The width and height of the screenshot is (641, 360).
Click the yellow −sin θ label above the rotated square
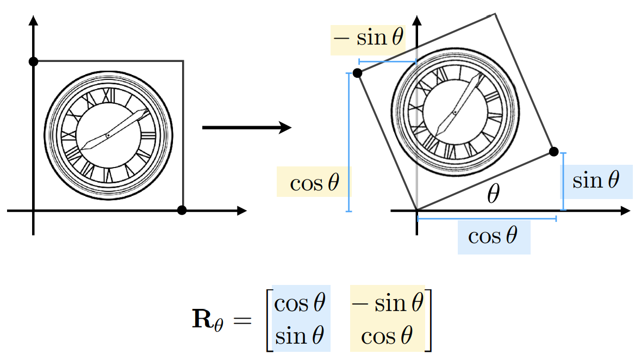click(368, 39)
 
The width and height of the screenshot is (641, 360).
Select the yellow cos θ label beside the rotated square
click(314, 183)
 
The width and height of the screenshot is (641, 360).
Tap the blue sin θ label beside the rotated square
click(596, 181)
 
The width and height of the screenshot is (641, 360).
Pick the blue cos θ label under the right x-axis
click(493, 237)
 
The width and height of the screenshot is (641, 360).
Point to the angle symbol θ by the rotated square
click(493, 194)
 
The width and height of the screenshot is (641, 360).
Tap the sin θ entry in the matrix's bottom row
click(300, 336)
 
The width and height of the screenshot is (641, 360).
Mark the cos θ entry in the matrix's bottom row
click(387, 336)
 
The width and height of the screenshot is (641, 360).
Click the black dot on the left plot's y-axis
click(33, 61)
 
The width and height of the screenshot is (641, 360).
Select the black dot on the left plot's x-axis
click(182, 210)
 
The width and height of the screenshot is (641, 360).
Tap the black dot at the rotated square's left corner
click(357, 73)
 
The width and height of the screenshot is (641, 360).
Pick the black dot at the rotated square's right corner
click(553, 151)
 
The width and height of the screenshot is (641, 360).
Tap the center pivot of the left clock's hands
click(108, 134)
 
